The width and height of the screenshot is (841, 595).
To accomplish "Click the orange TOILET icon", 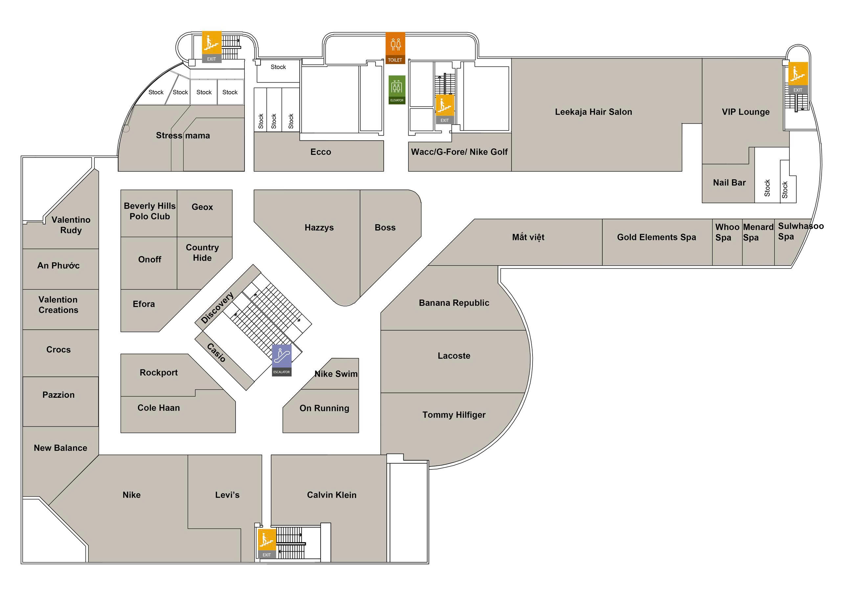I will click(395, 48).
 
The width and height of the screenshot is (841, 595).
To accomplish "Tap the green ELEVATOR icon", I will click(397, 90).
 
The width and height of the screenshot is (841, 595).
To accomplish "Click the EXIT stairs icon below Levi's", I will click(267, 543).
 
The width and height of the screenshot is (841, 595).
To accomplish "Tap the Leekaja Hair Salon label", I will click(593, 112).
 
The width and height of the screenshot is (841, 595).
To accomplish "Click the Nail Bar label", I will click(729, 182).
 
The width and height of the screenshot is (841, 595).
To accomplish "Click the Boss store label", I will click(385, 228).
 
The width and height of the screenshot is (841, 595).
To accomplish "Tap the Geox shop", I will click(202, 207).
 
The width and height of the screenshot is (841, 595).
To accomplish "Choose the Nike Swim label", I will click(336, 374).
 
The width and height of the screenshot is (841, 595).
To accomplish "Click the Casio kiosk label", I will click(216, 352).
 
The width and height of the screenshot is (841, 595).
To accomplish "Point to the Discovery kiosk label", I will click(217, 308).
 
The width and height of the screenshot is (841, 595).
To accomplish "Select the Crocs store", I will click(58, 349).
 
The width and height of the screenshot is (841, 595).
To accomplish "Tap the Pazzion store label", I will click(58, 395).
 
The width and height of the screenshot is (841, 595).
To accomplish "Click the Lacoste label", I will click(453, 356).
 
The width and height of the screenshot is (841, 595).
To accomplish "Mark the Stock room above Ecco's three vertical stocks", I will click(278, 67).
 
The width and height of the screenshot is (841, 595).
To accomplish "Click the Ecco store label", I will click(321, 152).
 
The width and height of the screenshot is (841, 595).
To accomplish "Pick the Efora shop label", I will click(144, 304).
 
